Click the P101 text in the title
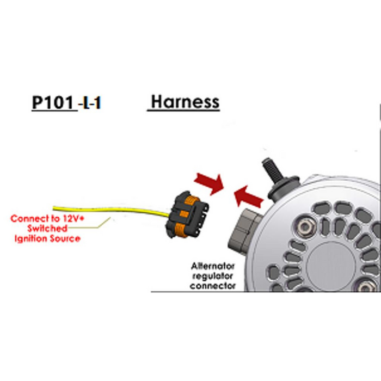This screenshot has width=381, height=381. click(x=53, y=102)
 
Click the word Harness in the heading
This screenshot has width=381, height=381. click(x=185, y=102)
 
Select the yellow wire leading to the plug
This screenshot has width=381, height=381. click(x=110, y=211)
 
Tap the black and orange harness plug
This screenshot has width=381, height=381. click(x=187, y=214)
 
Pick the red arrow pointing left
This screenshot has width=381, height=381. click(x=248, y=198)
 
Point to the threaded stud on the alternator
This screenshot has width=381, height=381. click(x=273, y=170)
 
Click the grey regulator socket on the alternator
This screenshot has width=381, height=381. click(x=245, y=231)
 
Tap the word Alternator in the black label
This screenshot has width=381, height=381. click(x=213, y=266)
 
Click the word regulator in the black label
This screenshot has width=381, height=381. click(x=213, y=276)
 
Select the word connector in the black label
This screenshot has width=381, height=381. click(x=213, y=286)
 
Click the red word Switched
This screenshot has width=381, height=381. click(x=47, y=229)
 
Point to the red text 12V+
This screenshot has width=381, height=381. click(x=73, y=218)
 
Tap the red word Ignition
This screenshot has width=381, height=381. click(x=31, y=238)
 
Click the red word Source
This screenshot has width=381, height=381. click(x=65, y=238)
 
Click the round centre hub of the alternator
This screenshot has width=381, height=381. click(x=330, y=266)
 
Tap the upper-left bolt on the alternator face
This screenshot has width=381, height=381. click(x=304, y=228)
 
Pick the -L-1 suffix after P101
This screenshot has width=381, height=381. click(x=89, y=103)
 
